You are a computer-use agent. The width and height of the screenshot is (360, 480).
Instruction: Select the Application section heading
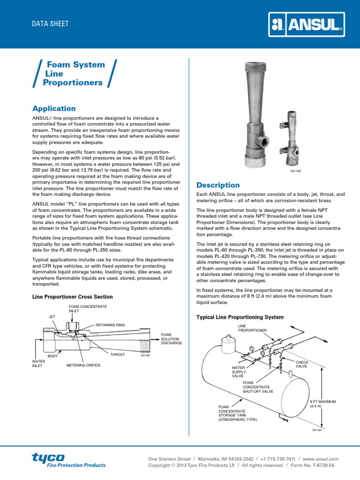tap(53, 108)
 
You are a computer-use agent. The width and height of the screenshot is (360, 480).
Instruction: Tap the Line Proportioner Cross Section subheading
tap(72, 297)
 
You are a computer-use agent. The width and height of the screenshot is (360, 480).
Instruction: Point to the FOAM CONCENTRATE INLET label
tap(88, 308)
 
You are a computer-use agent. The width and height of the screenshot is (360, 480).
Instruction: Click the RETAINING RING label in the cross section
tap(110, 324)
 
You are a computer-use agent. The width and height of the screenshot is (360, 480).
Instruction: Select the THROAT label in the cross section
tap(117, 355)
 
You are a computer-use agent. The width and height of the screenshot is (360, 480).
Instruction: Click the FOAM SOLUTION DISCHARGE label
tap(171, 338)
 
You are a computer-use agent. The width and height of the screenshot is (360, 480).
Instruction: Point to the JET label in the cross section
tap(52, 316)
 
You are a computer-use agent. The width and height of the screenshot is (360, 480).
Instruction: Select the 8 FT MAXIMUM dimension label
tap(323, 404)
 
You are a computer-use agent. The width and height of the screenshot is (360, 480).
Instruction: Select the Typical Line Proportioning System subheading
tap(240, 317)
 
